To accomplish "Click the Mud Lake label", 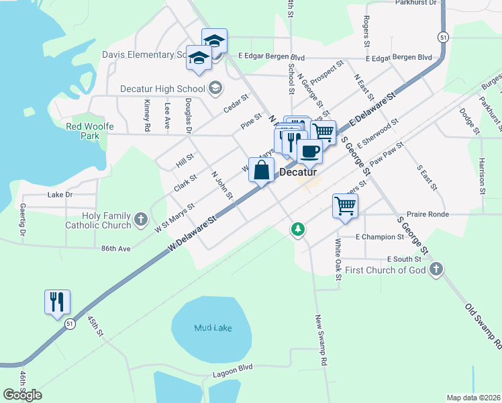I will (x=212, y=328).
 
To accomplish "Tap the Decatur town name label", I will (x=297, y=172).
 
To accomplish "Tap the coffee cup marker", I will (x=309, y=151).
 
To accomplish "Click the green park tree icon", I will (x=297, y=230).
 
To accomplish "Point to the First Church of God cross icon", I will (x=436, y=270).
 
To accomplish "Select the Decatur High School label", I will (x=162, y=89).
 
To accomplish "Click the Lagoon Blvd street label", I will (x=232, y=367).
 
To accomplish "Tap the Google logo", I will (x=22, y=395).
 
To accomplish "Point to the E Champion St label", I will (x=380, y=237).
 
